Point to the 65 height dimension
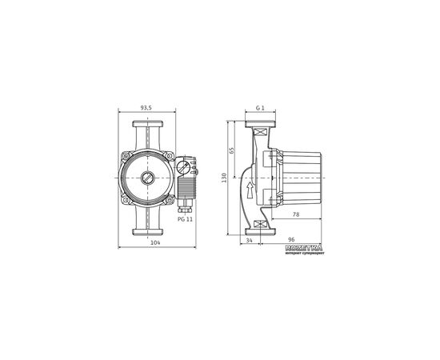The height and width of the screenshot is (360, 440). pos(233,150)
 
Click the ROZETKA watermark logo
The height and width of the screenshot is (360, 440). pos(303,250)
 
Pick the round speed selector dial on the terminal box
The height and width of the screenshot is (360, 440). pos(183,168)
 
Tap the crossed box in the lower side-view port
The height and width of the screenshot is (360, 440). pos(260,226)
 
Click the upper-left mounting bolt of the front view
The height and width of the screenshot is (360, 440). pos(126,156)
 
